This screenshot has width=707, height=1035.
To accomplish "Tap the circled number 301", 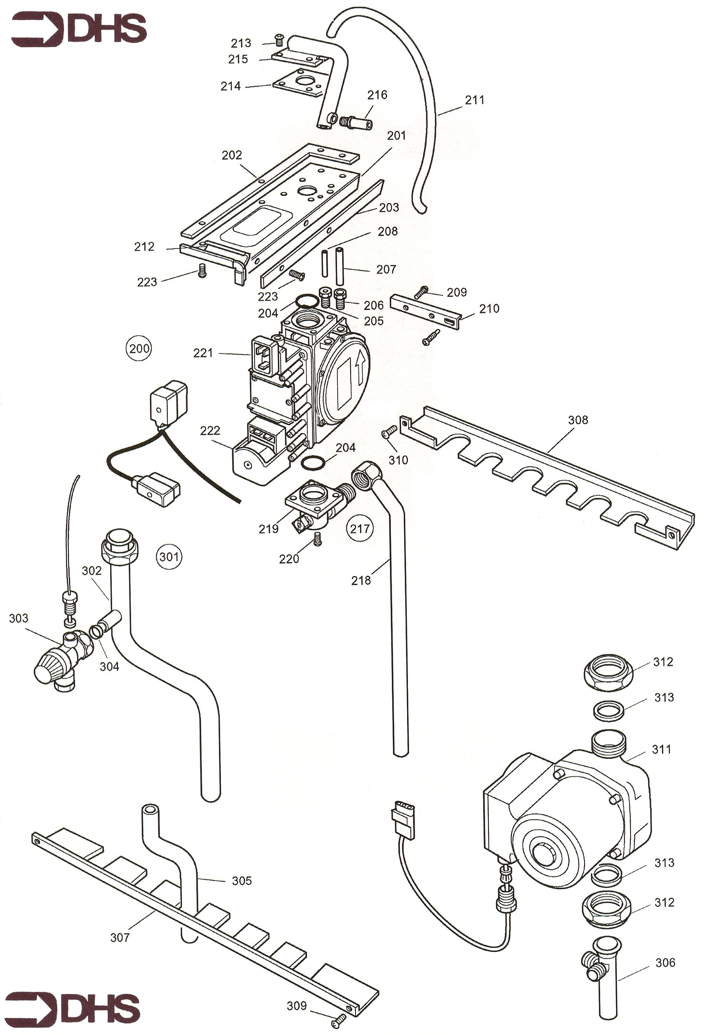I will [169, 557].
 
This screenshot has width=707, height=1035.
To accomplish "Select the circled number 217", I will [360, 529].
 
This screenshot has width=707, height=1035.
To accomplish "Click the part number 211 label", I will [475, 100].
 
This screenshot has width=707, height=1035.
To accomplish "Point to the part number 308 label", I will [578, 420].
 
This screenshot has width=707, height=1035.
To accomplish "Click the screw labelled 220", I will [317, 540].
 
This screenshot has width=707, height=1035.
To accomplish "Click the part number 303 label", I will [18, 618].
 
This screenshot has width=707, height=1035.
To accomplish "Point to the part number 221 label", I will [203, 353].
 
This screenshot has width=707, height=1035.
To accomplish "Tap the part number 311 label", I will [661, 750].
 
